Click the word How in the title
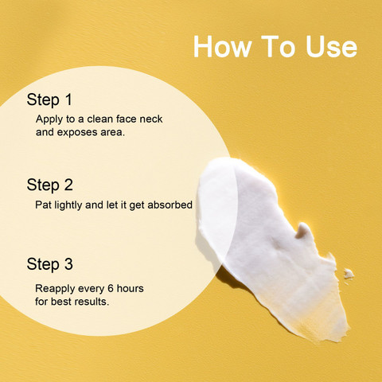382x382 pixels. [222, 46]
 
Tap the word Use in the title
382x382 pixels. [331, 46]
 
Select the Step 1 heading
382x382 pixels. [49, 100]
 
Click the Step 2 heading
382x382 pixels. [49, 185]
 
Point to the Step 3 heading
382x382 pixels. [49, 264]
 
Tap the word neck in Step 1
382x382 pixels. [151, 119]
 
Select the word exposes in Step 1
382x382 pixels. [77, 132]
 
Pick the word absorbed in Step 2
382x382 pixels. [170, 205]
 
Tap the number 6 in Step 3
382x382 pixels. [111, 288]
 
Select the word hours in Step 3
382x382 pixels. [131, 288]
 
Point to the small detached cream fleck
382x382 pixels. [349, 274]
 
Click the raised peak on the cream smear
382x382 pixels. [304, 229]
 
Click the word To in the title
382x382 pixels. [278, 46]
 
